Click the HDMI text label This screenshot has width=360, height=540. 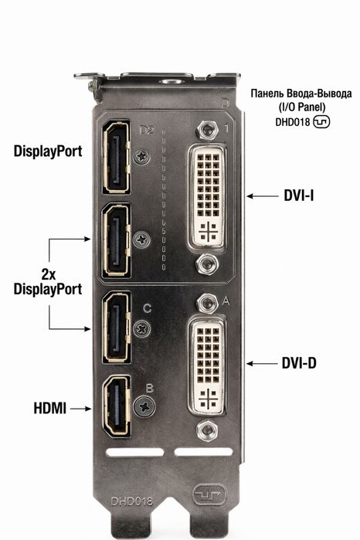[50, 409]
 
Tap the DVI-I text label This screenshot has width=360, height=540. [299, 195]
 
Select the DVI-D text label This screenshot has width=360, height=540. [299, 363]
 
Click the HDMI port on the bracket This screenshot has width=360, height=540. [117, 406]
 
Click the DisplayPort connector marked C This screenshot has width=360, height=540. [117, 328]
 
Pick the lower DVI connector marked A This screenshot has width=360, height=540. [207, 365]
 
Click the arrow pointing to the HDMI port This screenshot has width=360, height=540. [80, 409]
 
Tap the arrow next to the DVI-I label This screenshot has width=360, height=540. [263, 196]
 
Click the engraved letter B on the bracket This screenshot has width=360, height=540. [150, 388]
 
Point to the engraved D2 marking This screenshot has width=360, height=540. [147, 131]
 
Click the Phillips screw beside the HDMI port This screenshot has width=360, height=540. [144, 406]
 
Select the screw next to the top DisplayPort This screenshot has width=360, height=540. [142, 157]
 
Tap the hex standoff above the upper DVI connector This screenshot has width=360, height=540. [207, 130]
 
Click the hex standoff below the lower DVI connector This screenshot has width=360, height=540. [207, 430]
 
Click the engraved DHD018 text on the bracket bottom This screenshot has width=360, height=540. [131, 501]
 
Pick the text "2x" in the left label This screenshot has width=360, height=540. [48, 274]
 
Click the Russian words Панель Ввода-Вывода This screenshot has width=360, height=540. [301, 93]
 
